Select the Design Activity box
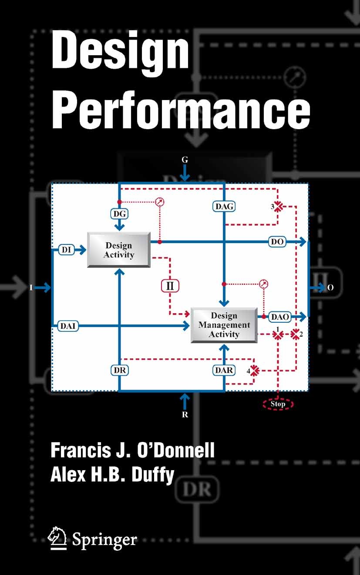click(119, 250)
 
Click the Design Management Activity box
click(224, 325)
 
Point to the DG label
click(119, 214)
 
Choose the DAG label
click(224, 207)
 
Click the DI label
click(67, 250)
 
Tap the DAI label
click(68, 326)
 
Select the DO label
click(277, 242)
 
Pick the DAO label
click(280, 317)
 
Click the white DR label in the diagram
click(120, 370)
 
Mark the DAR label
click(224, 370)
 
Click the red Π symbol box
click(170, 286)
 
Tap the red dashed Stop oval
click(278, 404)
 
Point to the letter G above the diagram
click(185, 160)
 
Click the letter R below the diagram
click(185, 415)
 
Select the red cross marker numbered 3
click(278, 207)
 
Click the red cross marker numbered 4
click(254, 371)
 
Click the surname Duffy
click(153, 475)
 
